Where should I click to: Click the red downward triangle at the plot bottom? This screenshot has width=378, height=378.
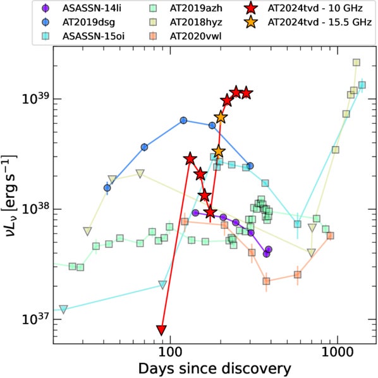[x=161, y=330]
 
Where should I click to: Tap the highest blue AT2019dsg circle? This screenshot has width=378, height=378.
[x=183, y=120]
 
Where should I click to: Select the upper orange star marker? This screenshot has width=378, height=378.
[x=221, y=117]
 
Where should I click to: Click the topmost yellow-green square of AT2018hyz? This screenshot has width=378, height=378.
[x=357, y=63]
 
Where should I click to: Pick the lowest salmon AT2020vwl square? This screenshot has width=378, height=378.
[x=266, y=281]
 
